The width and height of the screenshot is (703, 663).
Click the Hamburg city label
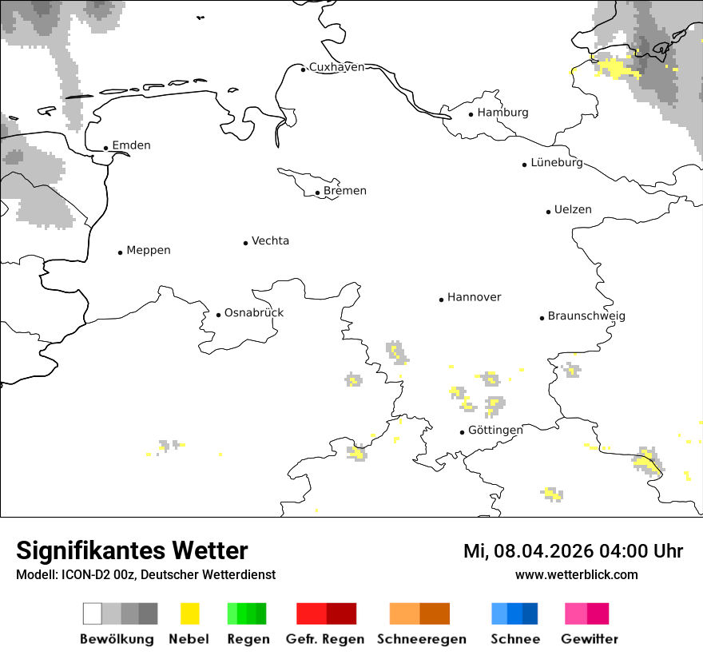click(x=502, y=113)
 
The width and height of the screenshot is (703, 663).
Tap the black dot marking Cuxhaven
click(x=304, y=69)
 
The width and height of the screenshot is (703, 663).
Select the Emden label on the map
click(x=131, y=145)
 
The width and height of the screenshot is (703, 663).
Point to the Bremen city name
click(x=345, y=191)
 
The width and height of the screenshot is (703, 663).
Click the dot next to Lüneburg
click(x=525, y=165)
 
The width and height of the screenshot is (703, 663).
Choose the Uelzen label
click(x=573, y=210)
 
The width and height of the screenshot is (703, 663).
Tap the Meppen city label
click(x=149, y=251)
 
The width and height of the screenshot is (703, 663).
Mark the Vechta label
click(x=270, y=241)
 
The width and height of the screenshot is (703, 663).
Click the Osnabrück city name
click(x=254, y=313)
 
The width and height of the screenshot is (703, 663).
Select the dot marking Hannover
click(x=441, y=300)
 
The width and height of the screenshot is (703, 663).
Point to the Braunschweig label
click(x=586, y=316)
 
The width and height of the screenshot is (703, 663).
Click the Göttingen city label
click(x=495, y=431)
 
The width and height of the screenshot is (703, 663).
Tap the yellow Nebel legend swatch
click(x=190, y=613)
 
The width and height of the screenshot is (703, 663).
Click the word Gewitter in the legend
click(x=590, y=639)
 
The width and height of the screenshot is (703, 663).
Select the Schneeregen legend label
click(x=422, y=639)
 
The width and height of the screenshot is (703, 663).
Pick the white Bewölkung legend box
click(x=93, y=613)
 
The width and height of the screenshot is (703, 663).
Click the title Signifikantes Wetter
click(x=132, y=551)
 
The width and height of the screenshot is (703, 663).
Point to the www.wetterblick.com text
click(x=576, y=575)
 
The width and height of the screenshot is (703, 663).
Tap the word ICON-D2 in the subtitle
click(x=80, y=575)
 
